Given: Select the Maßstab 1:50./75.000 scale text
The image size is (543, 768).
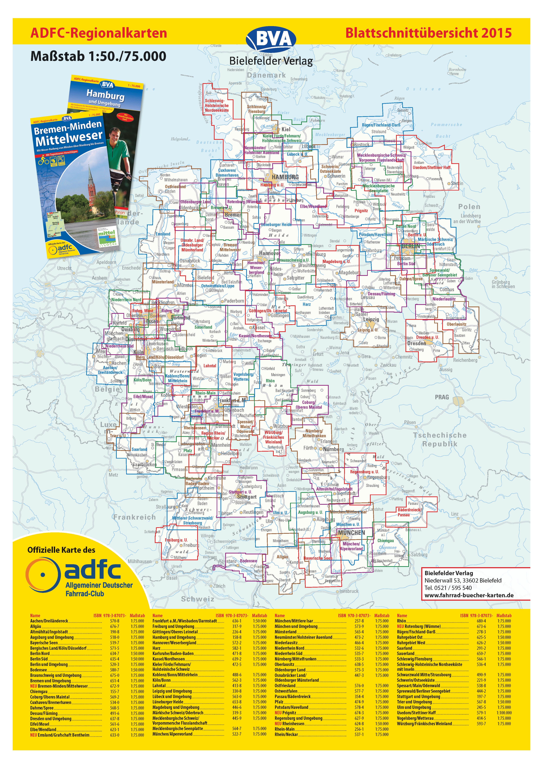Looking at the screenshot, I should click(98, 56).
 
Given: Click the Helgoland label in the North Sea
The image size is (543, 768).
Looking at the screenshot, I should click(179, 139).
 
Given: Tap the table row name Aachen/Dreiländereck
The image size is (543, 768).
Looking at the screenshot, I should click(49, 621).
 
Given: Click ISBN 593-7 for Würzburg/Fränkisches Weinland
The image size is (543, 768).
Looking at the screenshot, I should click(482, 723).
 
